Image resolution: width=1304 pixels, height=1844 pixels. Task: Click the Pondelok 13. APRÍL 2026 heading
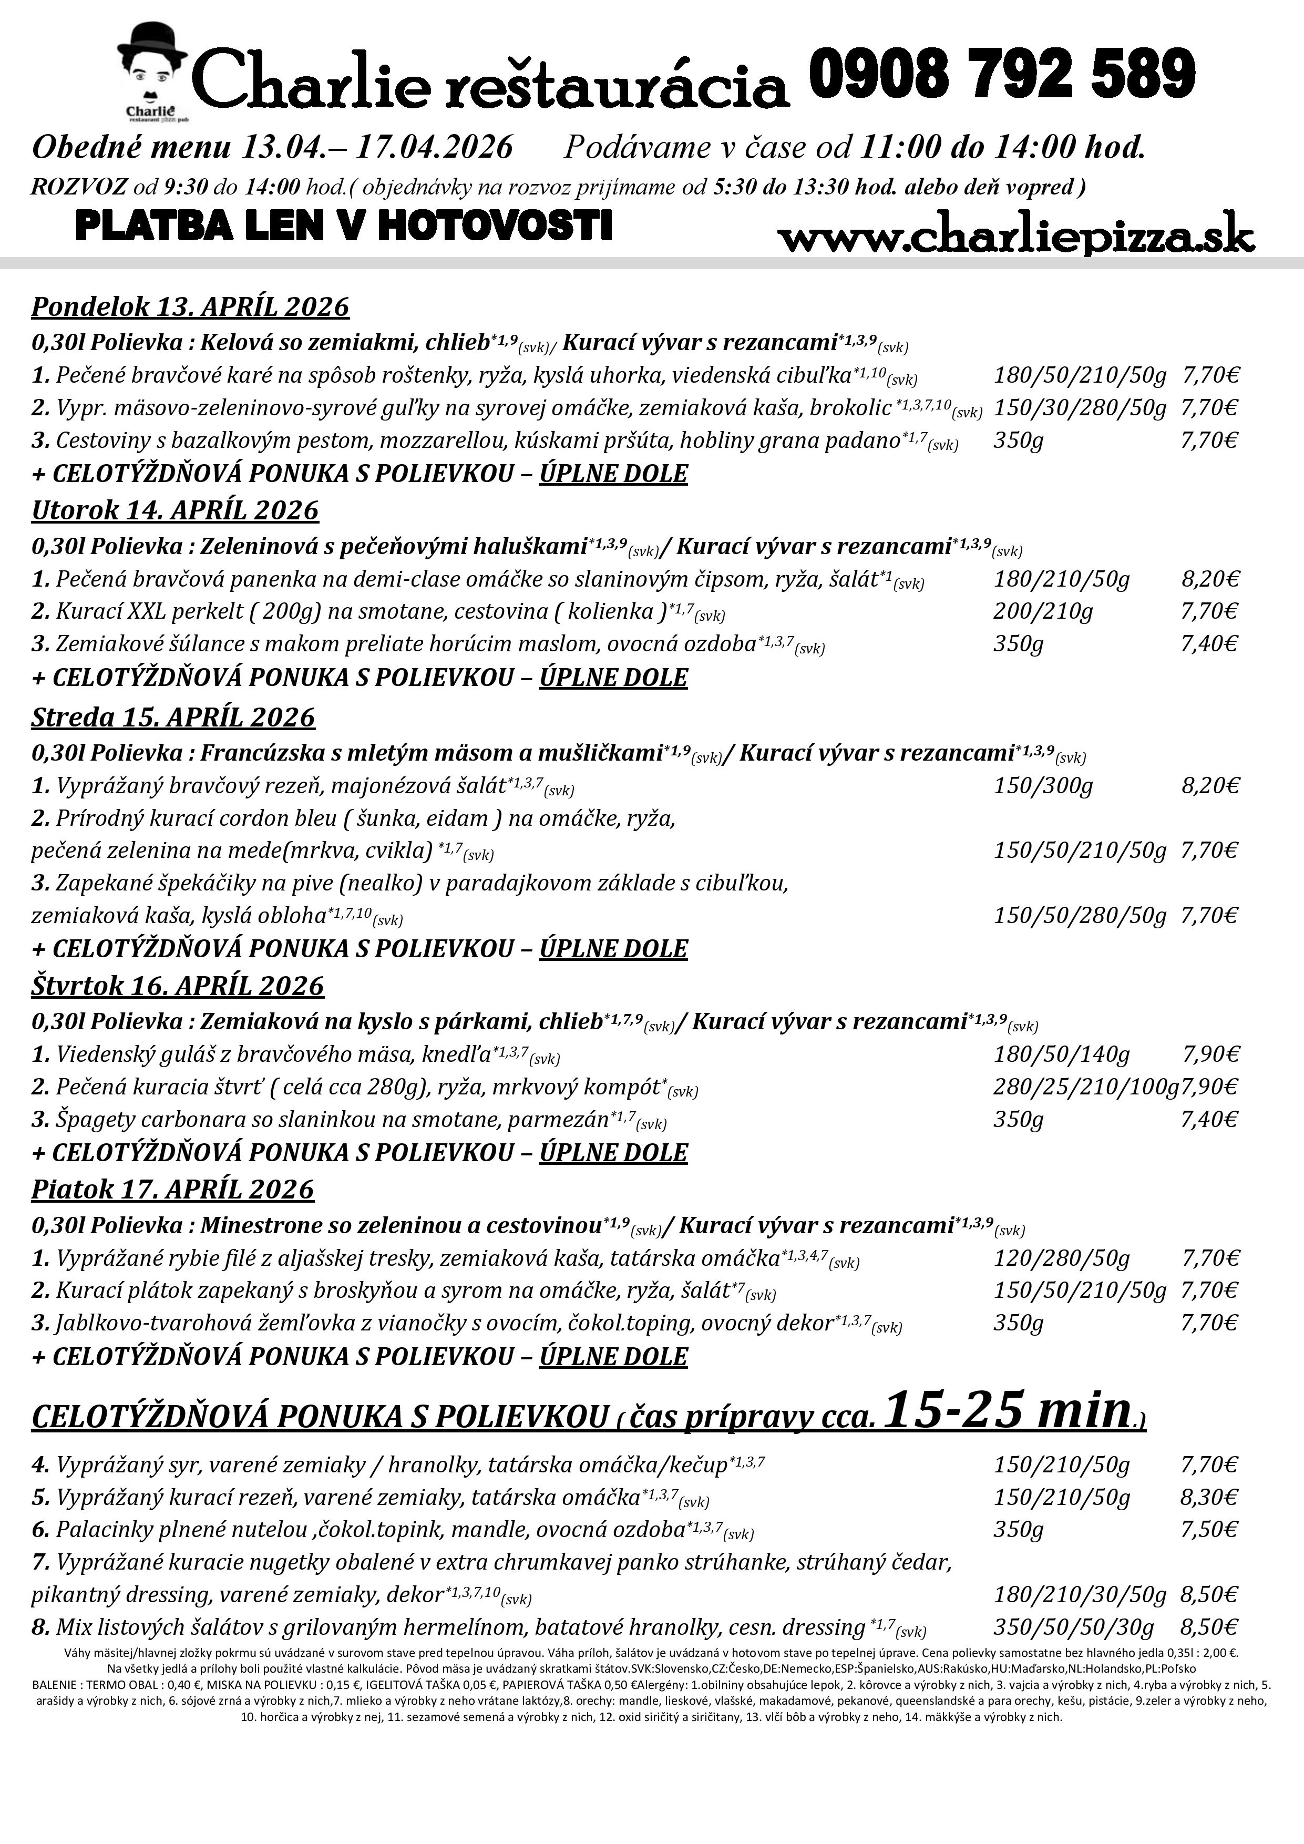click(x=190, y=307)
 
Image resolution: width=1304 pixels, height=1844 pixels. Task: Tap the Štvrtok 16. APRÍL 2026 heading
click(x=178, y=986)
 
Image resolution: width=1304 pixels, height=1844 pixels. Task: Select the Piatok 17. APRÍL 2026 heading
click(x=172, y=1189)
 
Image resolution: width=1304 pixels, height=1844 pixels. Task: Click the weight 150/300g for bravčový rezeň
click(x=1043, y=785)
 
